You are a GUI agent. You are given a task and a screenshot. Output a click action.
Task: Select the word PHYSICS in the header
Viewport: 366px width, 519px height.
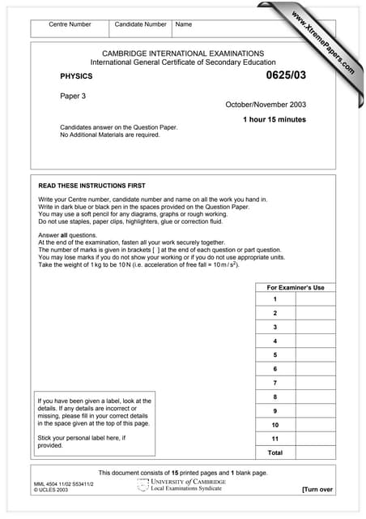[77, 76]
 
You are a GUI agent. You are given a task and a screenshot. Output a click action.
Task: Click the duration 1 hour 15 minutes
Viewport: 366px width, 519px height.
[274, 120]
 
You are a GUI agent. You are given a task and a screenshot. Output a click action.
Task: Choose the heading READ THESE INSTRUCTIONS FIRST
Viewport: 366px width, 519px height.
[91, 186]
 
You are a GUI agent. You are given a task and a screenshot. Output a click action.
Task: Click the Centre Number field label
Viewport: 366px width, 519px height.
[70, 25]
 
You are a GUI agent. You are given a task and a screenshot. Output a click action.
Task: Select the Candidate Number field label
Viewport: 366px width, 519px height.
[140, 25]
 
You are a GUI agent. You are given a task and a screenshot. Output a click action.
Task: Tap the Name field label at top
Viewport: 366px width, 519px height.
[184, 25]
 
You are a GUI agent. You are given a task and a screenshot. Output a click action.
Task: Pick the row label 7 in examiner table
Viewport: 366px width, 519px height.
[275, 382]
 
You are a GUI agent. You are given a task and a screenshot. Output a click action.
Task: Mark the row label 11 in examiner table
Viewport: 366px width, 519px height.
[275, 438]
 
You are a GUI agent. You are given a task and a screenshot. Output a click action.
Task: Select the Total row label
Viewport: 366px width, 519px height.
[275, 453]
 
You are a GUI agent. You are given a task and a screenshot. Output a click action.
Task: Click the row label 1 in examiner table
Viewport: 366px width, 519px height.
[275, 299]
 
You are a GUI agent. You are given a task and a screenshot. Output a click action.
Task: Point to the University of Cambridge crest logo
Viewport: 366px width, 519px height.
[144, 485]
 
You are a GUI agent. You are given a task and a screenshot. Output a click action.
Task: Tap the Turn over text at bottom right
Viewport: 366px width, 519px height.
[317, 490]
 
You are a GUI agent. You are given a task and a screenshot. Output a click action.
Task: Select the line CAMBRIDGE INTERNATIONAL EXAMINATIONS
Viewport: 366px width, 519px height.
[183, 53]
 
